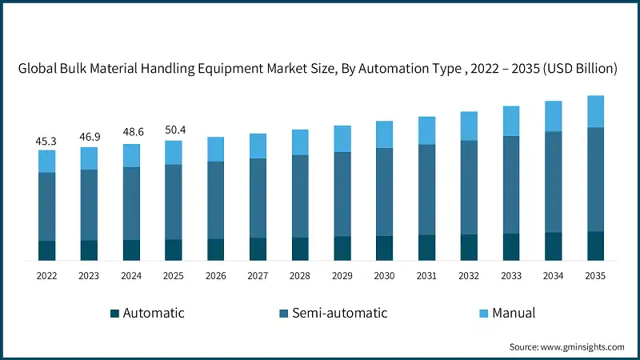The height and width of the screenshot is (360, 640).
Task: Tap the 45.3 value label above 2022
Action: [x=46, y=141]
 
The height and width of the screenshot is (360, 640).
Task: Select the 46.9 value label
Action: [x=89, y=138]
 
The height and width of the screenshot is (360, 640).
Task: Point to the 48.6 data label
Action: [x=131, y=134]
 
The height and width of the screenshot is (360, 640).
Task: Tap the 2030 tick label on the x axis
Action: [x=385, y=276]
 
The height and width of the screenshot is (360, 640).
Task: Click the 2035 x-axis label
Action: [x=595, y=276]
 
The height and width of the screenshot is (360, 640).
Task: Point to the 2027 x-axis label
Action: [x=258, y=276]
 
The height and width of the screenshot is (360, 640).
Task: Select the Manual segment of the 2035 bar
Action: [x=595, y=111]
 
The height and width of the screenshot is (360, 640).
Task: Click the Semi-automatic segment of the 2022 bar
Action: [x=46, y=206]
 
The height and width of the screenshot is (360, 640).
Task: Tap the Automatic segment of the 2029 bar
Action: [x=342, y=248]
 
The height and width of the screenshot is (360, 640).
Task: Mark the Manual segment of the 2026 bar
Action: [x=216, y=150]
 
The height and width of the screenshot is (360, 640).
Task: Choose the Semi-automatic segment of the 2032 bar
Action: [x=469, y=187]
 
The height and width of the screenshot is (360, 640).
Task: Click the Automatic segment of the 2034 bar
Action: [x=554, y=246]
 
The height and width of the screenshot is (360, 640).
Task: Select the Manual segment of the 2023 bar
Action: [x=89, y=158]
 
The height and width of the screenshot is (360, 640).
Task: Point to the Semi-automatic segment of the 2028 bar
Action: [x=300, y=196]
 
